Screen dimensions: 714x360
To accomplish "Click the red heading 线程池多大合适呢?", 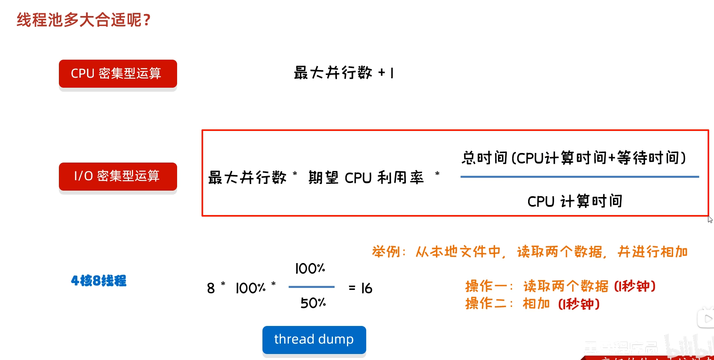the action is point(83,20).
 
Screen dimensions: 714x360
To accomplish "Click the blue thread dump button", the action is point(314,340).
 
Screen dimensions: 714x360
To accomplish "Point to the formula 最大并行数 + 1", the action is point(344,73).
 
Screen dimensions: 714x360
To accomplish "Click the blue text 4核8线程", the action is point(99,281).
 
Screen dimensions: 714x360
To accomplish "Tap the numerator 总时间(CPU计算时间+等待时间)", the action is point(574,158).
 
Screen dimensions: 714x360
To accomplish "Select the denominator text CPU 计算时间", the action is point(575,201).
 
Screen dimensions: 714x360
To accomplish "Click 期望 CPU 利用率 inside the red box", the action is point(366,177).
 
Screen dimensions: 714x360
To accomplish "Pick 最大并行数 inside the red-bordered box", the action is point(247,177).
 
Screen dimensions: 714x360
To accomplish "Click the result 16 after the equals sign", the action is point(366,288).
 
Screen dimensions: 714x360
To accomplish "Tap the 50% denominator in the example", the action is point(313,303).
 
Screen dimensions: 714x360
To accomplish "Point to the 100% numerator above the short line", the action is point(310,269).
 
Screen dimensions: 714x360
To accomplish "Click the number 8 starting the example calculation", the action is point(211,288).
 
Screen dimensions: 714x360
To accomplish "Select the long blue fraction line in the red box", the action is point(579,177).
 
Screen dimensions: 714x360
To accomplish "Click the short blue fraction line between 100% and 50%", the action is point(311,287).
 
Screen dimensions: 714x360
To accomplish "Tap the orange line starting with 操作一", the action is point(560,286).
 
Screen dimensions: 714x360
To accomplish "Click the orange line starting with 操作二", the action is point(532,304).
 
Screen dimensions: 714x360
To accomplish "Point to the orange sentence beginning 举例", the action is point(530,252).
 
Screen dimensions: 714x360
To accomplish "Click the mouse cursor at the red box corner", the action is point(710,219).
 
